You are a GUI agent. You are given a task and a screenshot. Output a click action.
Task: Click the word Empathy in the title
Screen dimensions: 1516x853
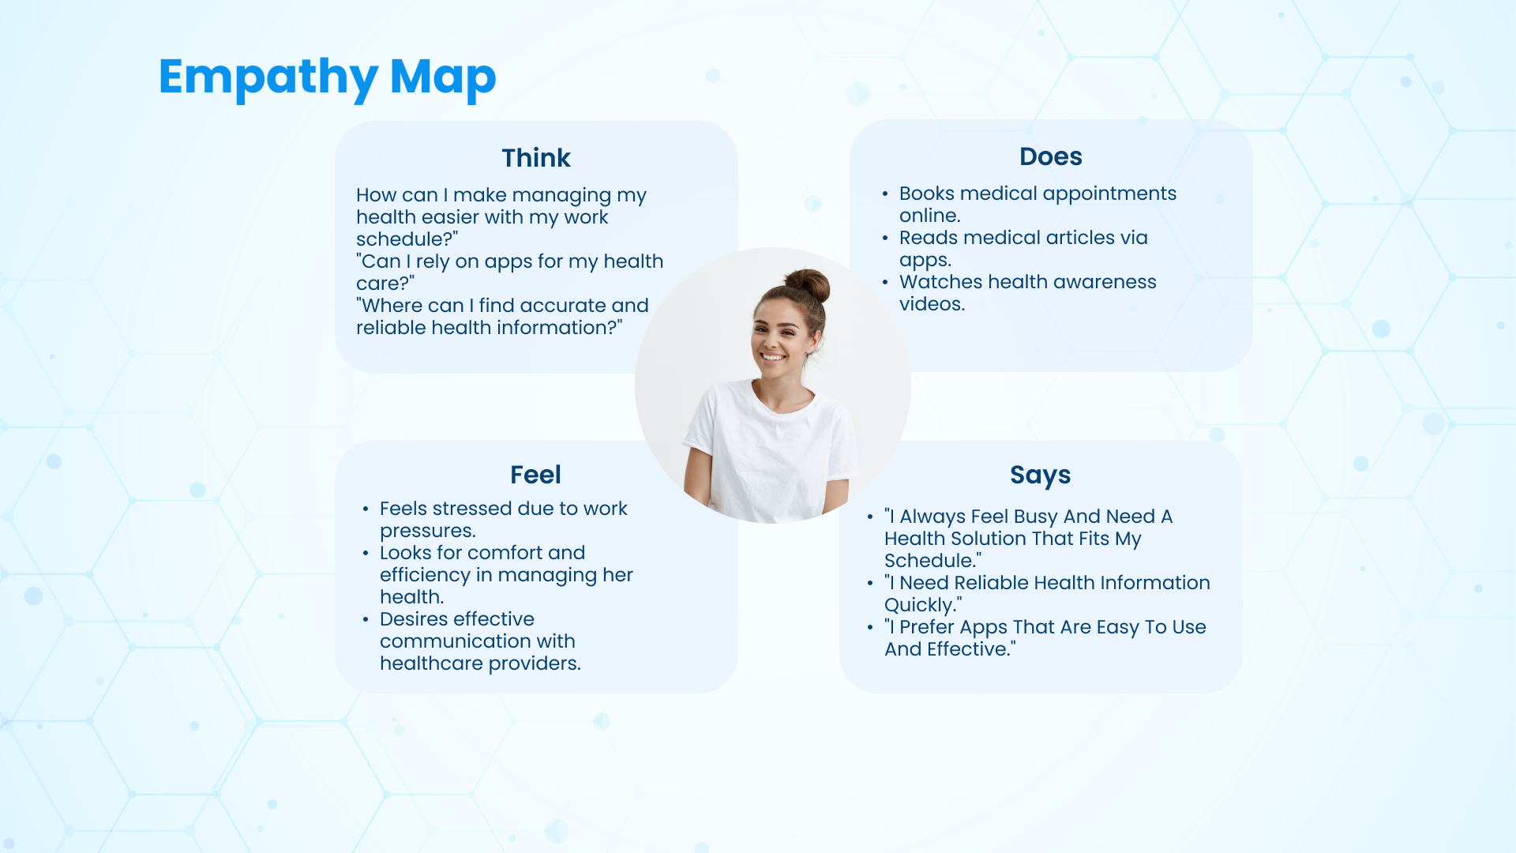(268, 78)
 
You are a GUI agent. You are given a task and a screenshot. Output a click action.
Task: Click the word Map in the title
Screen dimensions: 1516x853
(443, 78)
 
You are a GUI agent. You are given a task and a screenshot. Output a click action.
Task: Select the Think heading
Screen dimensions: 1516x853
(536, 158)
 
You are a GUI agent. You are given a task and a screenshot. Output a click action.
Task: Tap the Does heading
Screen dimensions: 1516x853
(1050, 156)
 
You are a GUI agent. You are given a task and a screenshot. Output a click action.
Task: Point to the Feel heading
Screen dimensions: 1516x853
(535, 475)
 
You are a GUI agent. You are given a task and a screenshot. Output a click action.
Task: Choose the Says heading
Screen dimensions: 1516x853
(1040, 475)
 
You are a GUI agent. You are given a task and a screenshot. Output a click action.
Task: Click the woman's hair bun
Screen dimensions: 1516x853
(808, 284)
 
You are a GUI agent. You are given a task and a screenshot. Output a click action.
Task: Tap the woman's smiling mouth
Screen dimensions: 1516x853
(773, 358)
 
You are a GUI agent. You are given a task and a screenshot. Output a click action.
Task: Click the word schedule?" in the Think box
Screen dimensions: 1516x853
(407, 239)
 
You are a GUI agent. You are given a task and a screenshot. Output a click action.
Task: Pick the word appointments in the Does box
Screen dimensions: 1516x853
(1109, 194)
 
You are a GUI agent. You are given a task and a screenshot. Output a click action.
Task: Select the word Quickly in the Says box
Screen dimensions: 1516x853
(917, 606)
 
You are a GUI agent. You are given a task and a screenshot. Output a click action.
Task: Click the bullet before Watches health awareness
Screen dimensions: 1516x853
(885, 282)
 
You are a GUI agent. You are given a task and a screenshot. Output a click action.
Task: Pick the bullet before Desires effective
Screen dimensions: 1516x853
(366, 619)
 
